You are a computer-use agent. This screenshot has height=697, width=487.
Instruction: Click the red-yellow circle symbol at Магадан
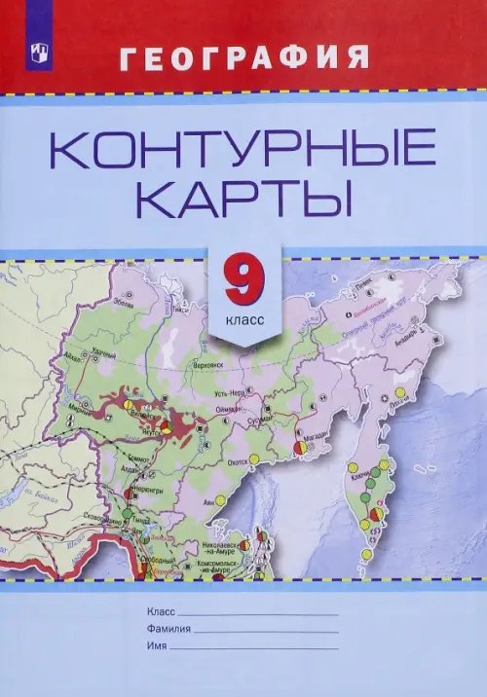click(298, 445)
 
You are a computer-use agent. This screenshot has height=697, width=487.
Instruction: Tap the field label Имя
click(155, 647)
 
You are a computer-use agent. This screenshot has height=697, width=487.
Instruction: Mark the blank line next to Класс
click(258, 613)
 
